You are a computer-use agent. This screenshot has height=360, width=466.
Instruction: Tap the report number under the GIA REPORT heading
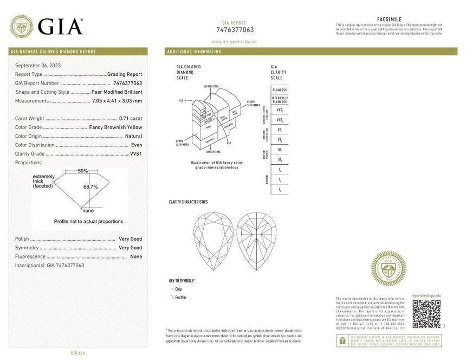point(235,30)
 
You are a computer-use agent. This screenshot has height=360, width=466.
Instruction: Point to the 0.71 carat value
point(130,118)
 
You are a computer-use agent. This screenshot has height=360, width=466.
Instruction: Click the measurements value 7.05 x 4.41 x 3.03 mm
point(116,101)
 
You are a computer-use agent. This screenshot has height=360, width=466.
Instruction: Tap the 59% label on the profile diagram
point(82,171)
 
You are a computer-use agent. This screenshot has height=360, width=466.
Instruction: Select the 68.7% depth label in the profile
point(90,187)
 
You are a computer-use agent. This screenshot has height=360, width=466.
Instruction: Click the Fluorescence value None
point(136,256)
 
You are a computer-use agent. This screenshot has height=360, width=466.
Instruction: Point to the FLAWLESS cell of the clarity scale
point(280,89)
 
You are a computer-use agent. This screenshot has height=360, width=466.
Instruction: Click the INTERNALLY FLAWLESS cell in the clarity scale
point(280,99)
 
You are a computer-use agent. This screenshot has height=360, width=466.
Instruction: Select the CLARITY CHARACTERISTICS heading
point(188,202)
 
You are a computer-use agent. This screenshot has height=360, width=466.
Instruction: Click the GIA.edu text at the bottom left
point(77,352)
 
